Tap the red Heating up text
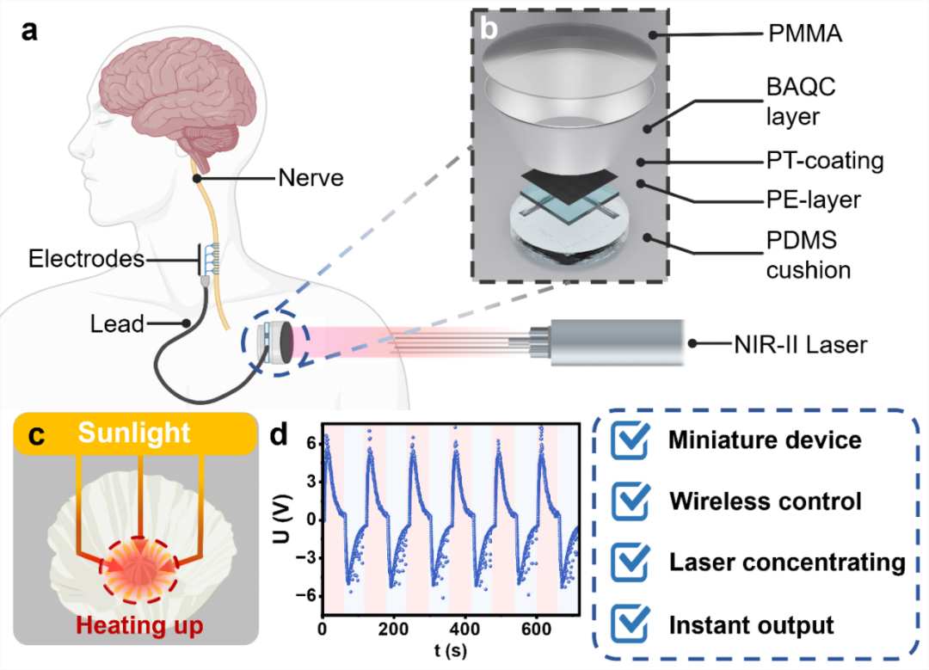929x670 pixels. pos(138,625)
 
